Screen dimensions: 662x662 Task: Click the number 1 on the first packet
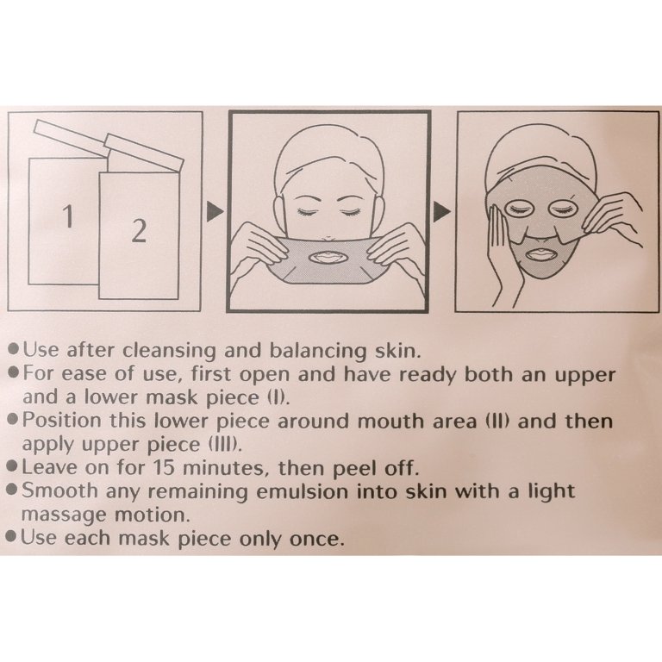(68, 216)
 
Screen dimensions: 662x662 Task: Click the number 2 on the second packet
(140, 231)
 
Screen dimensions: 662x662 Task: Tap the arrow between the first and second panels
(215, 211)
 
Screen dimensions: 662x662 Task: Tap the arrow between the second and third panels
(441, 211)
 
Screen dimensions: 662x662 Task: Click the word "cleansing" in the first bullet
(170, 352)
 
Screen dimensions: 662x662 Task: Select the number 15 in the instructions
(164, 467)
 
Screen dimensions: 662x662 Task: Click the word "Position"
(62, 421)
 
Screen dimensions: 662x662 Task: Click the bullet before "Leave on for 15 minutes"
(13, 467)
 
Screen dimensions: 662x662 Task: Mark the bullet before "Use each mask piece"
(12, 538)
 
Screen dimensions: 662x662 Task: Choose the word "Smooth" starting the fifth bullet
(59, 490)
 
